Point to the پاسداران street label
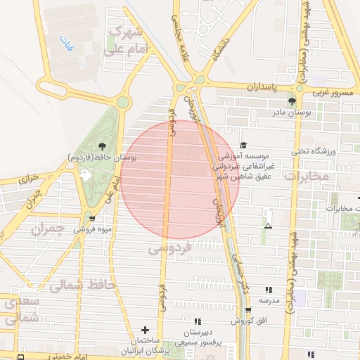(264, 86)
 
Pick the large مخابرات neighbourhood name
(309, 176)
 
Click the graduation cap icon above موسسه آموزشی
(244, 145)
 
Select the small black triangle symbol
(268, 226)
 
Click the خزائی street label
(25, 180)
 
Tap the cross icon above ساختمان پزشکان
(145, 329)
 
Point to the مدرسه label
(269, 300)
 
